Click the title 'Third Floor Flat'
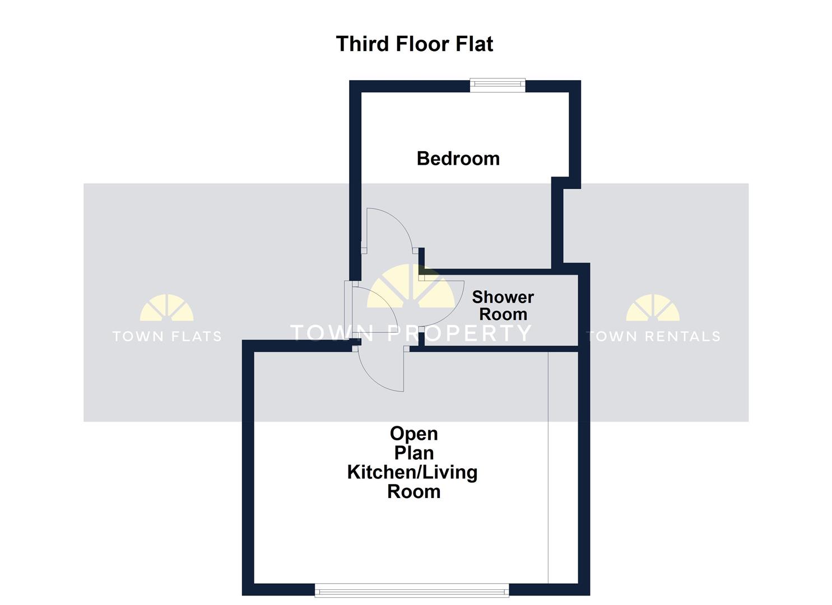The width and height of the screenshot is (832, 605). click(x=414, y=44)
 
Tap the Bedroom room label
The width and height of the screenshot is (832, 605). click(x=458, y=159)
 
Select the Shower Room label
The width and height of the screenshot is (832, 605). click(x=503, y=305)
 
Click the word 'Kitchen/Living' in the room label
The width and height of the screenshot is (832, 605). click(x=412, y=472)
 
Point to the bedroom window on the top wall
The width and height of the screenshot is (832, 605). click(x=498, y=85)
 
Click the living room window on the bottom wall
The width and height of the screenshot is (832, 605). click(x=412, y=590)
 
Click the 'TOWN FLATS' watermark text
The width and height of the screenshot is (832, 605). click(x=167, y=336)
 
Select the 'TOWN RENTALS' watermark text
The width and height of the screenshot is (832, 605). click(x=653, y=336)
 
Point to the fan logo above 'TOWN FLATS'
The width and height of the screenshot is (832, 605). click(x=166, y=308)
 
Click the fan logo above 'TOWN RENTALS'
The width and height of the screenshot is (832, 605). click(x=653, y=308)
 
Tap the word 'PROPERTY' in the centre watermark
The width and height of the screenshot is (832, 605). click(x=459, y=333)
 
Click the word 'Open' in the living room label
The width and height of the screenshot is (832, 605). click(x=414, y=434)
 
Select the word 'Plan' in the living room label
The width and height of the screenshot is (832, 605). click(x=414, y=453)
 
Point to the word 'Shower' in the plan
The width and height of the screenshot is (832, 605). click(x=503, y=297)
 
